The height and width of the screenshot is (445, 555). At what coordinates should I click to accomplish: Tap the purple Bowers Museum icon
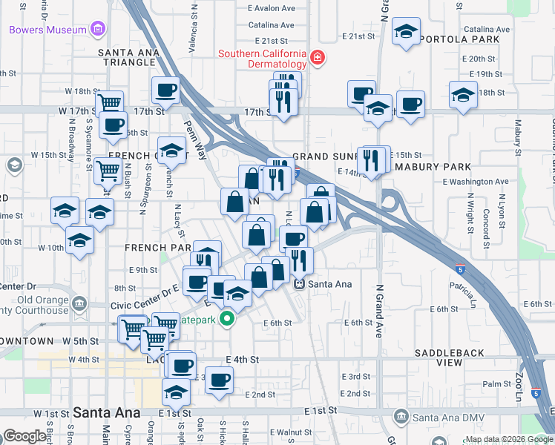click(96, 30)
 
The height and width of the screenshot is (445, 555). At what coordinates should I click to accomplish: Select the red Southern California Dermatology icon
click(318, 59)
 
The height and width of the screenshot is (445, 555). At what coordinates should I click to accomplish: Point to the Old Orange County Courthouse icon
click(79, 303)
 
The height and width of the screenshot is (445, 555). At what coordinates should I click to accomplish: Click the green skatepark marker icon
click(229, 320)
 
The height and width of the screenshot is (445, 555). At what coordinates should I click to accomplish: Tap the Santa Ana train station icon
click(299, 283)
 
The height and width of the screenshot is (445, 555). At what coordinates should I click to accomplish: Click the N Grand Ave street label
click(378, 311)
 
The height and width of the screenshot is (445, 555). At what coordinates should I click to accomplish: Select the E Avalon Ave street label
click(271, 8)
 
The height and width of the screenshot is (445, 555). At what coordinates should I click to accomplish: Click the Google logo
click(24, 436)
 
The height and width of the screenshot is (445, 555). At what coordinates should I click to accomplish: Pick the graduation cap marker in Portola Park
click(405, 32)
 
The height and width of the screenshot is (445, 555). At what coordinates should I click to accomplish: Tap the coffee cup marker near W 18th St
click(165, 90)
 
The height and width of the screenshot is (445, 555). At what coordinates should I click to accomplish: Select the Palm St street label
click(491, 383)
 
